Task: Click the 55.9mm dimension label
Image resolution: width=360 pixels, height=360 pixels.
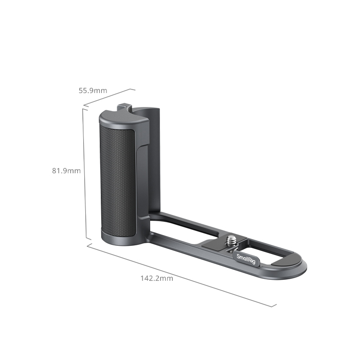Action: coord(93,91)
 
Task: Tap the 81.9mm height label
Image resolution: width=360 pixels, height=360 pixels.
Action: coord(66,171)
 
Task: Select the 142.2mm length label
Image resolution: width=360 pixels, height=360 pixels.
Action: coord(157,278)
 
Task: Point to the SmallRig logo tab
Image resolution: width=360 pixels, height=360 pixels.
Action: coord(246,259)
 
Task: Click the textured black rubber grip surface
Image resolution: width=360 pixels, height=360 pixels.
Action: coord(118,182)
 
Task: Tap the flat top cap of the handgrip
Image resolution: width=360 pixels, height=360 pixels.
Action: coord(124,117)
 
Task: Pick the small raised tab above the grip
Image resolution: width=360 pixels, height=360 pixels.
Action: coord(124,107)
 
